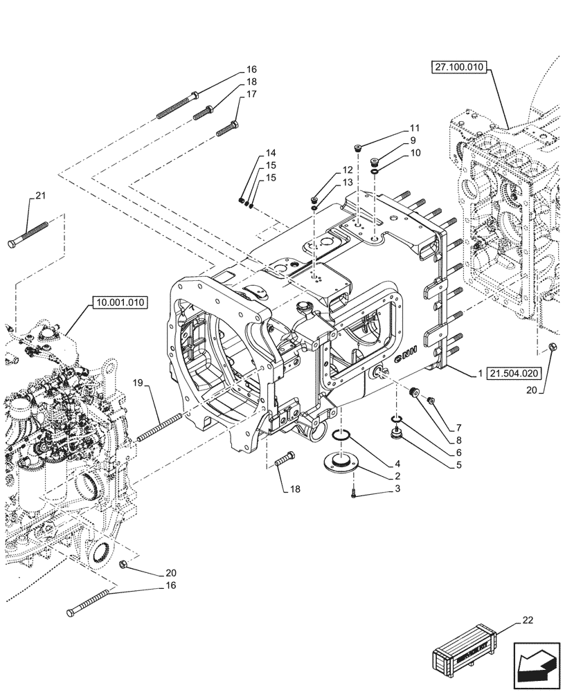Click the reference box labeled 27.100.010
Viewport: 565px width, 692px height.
tap(460, 67)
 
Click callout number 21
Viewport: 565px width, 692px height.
tap(40, 197)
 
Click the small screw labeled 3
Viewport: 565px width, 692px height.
tap(354, 493)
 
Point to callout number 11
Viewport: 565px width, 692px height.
tap(415, 128)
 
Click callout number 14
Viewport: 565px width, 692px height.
tap(269, 153)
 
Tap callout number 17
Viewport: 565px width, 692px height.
tap(250, 93)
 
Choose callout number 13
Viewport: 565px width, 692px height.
tap(347, 181)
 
